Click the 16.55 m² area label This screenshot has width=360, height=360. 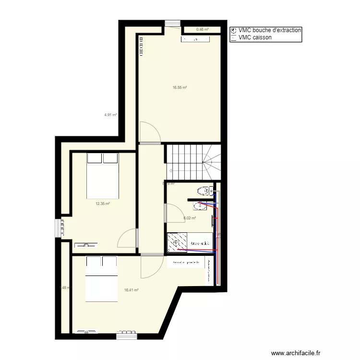[x=180, y=88]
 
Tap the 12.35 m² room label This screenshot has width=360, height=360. [x=102, y=204]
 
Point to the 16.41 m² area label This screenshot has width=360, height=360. [x=131, y=290]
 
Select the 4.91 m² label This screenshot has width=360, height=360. [x=111, y=115]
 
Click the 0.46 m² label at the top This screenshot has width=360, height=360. [x=202, y=29]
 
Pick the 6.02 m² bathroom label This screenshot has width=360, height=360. [x=190, y=218]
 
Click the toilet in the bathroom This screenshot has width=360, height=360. [x=205, y=191]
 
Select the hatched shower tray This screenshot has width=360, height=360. [x=177, y=242]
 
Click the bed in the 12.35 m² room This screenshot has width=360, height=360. [x=102, y=176]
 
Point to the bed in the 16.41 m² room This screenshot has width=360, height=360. [x=102, y=279]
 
